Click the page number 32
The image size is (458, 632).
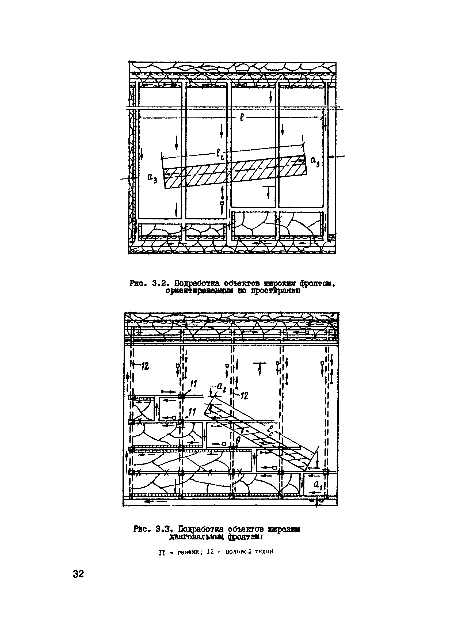pyautogui.click(x=78, y=574)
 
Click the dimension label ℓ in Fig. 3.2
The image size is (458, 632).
pyautogui.click(x=242, y=118)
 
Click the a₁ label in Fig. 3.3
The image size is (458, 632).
pyautogui.click(x=318, y=485)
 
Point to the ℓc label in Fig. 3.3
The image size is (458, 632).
pyautogui.click(x=270, y=431)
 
